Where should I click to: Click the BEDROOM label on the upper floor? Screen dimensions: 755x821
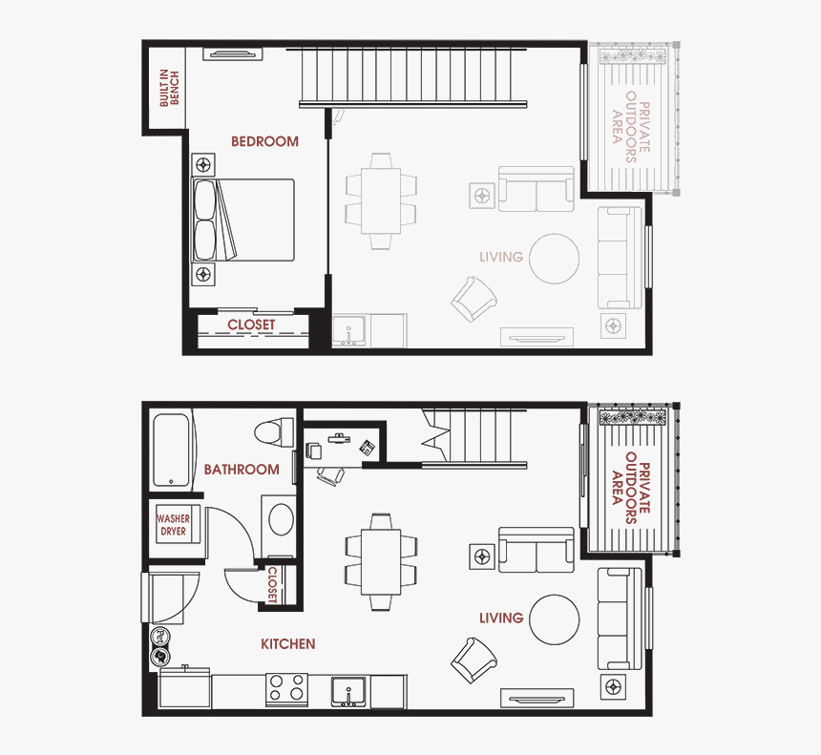[x=264, y=141]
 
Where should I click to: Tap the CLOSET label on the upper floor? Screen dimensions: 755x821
[x=251, y=325]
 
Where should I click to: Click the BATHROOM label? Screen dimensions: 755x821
[x=242, y=469]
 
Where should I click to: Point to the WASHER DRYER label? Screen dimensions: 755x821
[x=173, y=525]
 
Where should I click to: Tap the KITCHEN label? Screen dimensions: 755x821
[x=287, y=644]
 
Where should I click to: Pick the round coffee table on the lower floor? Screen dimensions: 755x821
[x=555, y=619]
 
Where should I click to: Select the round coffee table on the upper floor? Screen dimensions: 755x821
[x=555, y=259]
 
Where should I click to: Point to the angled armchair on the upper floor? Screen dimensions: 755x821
[x=474, y=300]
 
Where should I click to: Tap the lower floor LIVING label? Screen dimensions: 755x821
[x=501, y=618]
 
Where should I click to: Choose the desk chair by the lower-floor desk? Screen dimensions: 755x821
[x=329, y=474]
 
